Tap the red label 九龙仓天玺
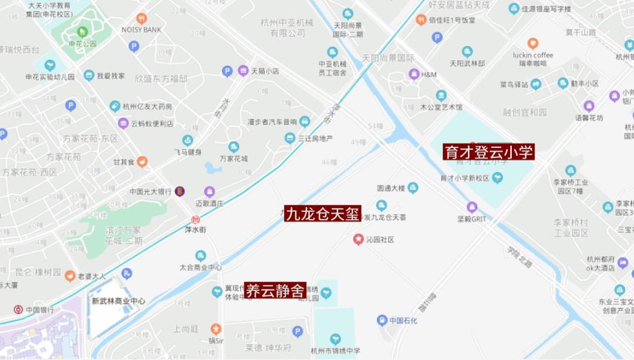coord(322,214)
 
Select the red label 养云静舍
coord(275,290)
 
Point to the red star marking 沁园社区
coord(358,239)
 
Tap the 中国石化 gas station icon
coord(382,320)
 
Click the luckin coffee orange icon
coord(532,43)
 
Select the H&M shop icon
coord(414,74)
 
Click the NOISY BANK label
coord(141,29)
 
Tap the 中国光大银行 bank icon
coord(180,191)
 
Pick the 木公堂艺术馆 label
coord(441,107)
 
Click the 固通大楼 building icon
coord(413,188)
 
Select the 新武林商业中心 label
coord(118,301)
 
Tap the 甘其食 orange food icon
coord(143,162)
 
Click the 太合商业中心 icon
coord(201,255)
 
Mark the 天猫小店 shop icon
coord(243,71)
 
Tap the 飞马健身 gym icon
coord(187,140)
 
